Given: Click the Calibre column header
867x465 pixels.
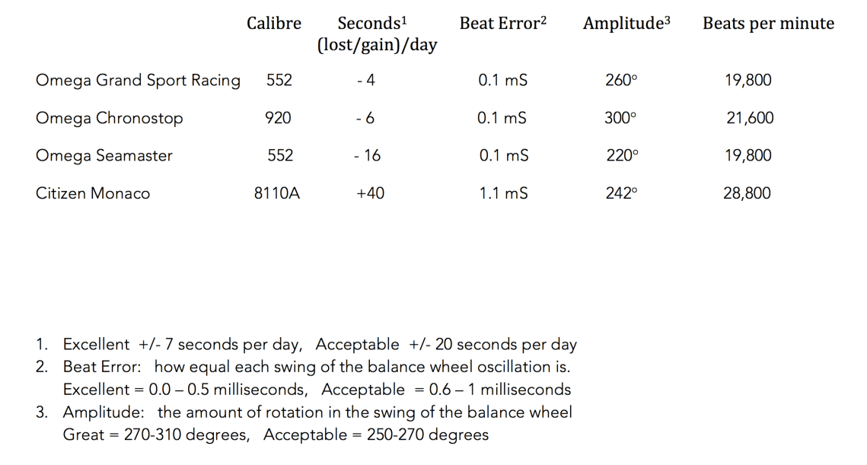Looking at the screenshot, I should [274, 24].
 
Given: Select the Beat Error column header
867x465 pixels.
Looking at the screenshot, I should [503, 24].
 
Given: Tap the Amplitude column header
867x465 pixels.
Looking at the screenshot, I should [627, 24].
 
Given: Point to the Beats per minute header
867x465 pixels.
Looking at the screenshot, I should [768, 24].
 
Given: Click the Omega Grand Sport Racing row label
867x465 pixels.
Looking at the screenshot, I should [138, 81].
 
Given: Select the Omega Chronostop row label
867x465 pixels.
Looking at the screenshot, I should [109, 118].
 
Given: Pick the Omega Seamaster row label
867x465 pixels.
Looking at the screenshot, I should [104, 155].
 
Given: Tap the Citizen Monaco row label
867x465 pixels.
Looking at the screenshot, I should [93, 193].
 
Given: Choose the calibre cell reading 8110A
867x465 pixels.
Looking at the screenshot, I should [277, 193].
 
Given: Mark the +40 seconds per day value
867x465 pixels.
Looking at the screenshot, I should [370, 193].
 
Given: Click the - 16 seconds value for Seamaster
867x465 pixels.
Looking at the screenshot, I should [368, 155].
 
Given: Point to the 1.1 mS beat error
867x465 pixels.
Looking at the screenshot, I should [503, 193].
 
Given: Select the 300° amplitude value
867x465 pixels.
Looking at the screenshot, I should [620, 118].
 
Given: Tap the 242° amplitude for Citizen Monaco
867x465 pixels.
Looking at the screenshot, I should [621, 193].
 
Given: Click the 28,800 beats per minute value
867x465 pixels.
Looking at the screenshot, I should [747, 193].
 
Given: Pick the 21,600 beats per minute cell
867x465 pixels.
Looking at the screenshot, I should [750, 118].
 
